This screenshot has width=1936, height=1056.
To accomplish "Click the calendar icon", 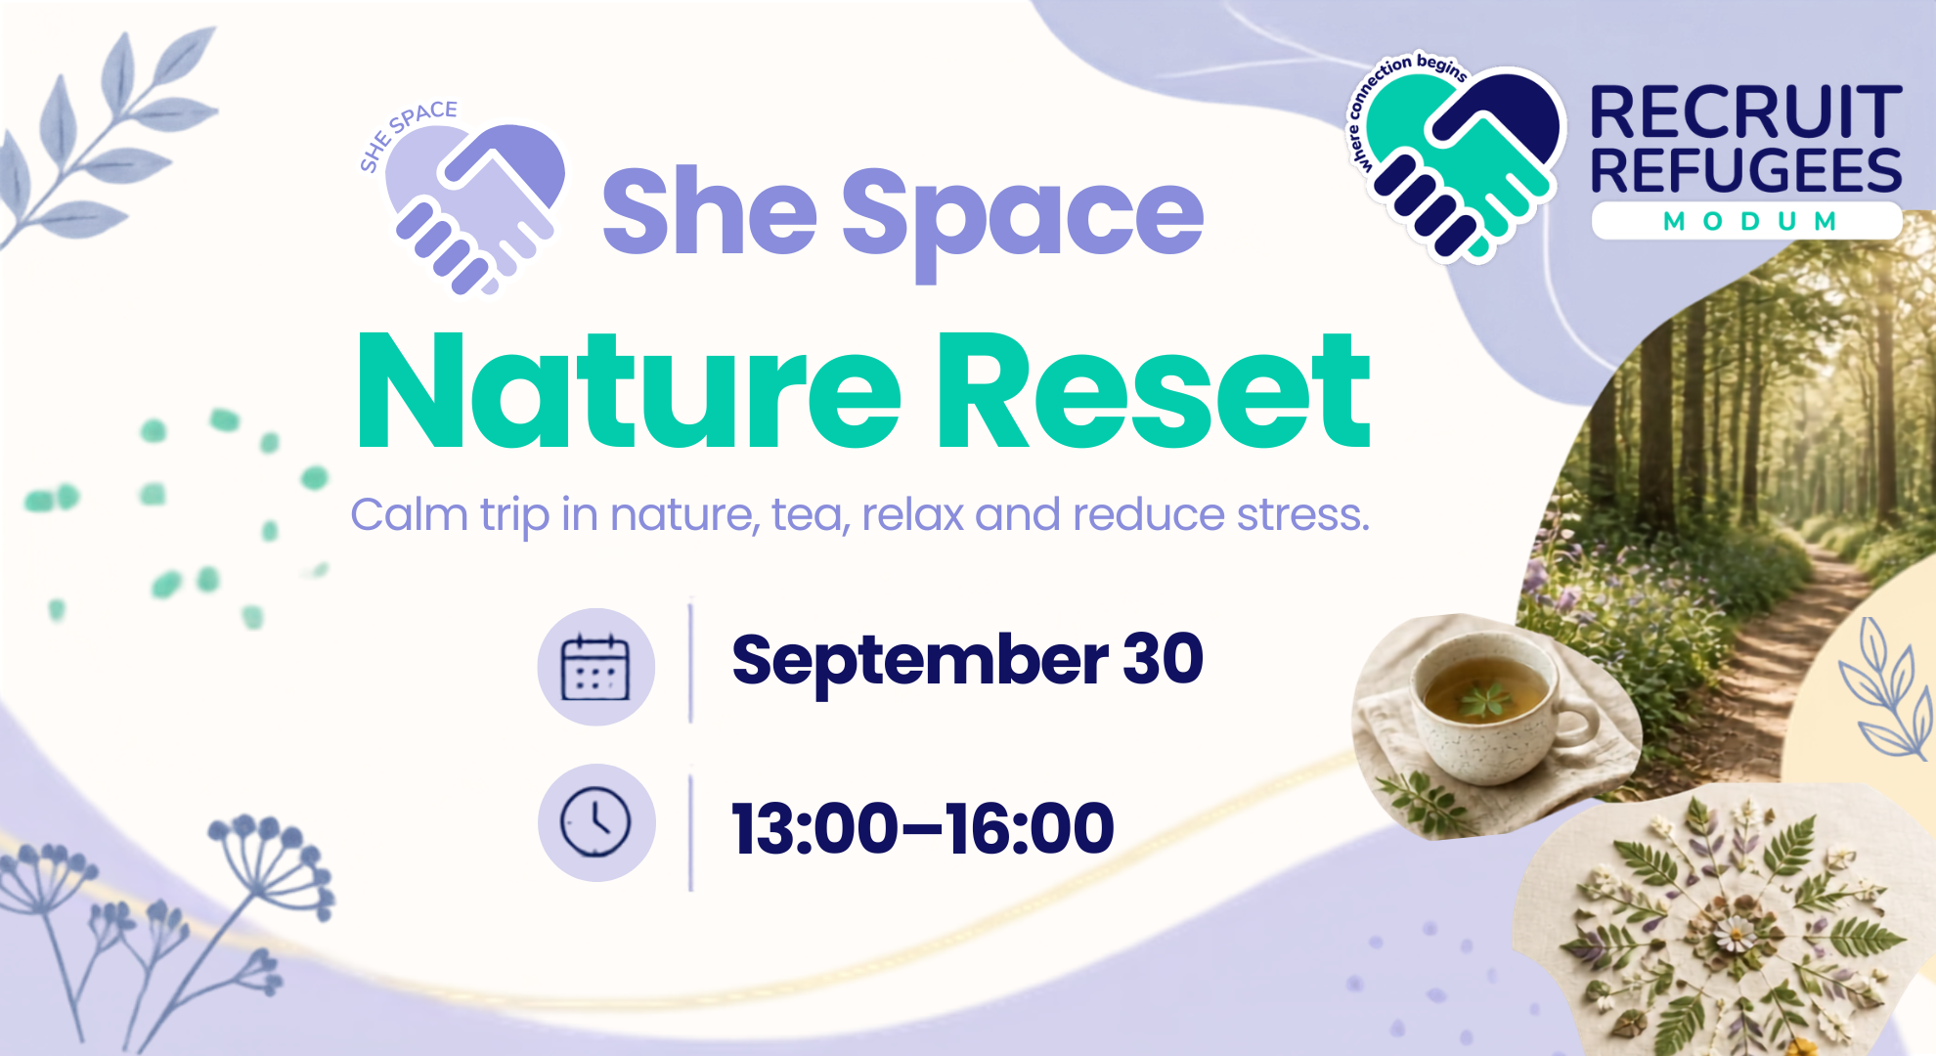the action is pos(595,667).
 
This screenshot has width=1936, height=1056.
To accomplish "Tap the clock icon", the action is pos(595,821).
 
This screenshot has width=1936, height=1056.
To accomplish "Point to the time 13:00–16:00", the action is pos(923,828).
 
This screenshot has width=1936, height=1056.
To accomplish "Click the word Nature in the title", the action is pos(628,391).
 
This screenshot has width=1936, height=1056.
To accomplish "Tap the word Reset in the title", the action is pos(1153,391).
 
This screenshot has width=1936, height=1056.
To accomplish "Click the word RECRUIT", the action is pos(1746,113).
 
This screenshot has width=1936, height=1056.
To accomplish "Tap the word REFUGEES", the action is pos(1746,170).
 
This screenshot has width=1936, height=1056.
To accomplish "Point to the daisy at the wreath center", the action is pos(1738,935).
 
